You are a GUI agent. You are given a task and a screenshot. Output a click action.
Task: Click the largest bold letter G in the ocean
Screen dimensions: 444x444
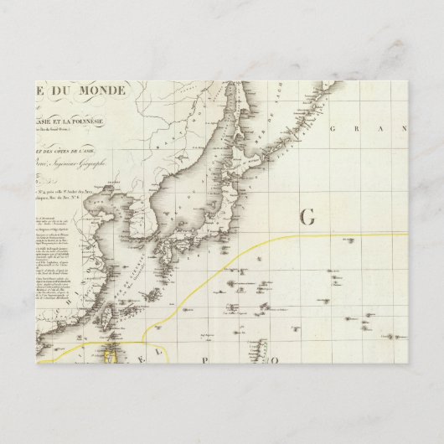coord(306,217)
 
